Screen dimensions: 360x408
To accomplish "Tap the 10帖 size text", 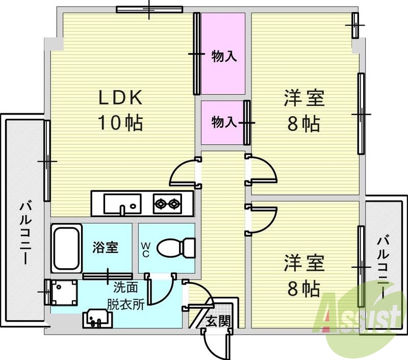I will point(120,123).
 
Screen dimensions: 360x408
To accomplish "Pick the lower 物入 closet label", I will point(223,122).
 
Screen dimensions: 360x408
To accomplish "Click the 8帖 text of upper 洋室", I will point(304,123).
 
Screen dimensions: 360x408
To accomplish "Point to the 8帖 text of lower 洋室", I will point(304,289).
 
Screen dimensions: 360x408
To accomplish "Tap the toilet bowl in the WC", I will point(176,248).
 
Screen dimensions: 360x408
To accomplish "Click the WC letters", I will point(146,249).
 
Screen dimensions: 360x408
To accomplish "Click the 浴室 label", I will point(106,248).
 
